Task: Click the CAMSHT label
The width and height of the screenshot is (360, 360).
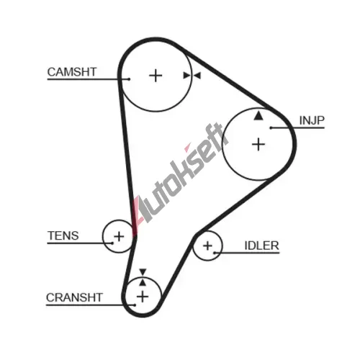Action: [x=72, y=72]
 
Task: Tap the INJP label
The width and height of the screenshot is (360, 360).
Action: [x=312, y=120]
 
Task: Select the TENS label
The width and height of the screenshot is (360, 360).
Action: [x=63, y=235]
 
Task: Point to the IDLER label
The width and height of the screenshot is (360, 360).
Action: [x=261, y=246]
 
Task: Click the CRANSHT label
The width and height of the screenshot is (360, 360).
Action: [x=74, y=297]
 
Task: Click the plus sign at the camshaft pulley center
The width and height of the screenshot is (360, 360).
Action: [x=156, y=76]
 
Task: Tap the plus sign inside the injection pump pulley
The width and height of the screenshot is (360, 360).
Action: [x=258, y=145]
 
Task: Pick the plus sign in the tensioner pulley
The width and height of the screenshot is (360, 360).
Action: [x=119, y=237]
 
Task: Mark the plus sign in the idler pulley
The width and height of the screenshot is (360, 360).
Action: [x=207, y=246]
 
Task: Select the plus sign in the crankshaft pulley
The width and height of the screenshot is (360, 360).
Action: [x=143, y=297]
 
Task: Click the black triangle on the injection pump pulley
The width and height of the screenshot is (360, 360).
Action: [x=258, y=115]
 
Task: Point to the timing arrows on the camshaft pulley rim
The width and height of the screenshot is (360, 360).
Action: [x=192, y=76]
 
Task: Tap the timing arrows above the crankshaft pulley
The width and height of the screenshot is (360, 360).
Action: [x=143, y=277]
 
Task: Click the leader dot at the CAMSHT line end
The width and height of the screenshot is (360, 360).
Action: [x=129, y=79]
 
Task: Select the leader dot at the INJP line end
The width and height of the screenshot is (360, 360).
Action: [x=271, y=127]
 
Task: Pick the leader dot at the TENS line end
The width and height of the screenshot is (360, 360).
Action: [x=112, y=243]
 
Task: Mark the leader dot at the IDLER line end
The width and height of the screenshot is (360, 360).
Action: [x=215, y=253]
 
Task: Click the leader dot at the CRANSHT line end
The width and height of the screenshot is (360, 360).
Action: [x=135, y=305]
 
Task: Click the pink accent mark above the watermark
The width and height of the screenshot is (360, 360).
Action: [x=187, y=147]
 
